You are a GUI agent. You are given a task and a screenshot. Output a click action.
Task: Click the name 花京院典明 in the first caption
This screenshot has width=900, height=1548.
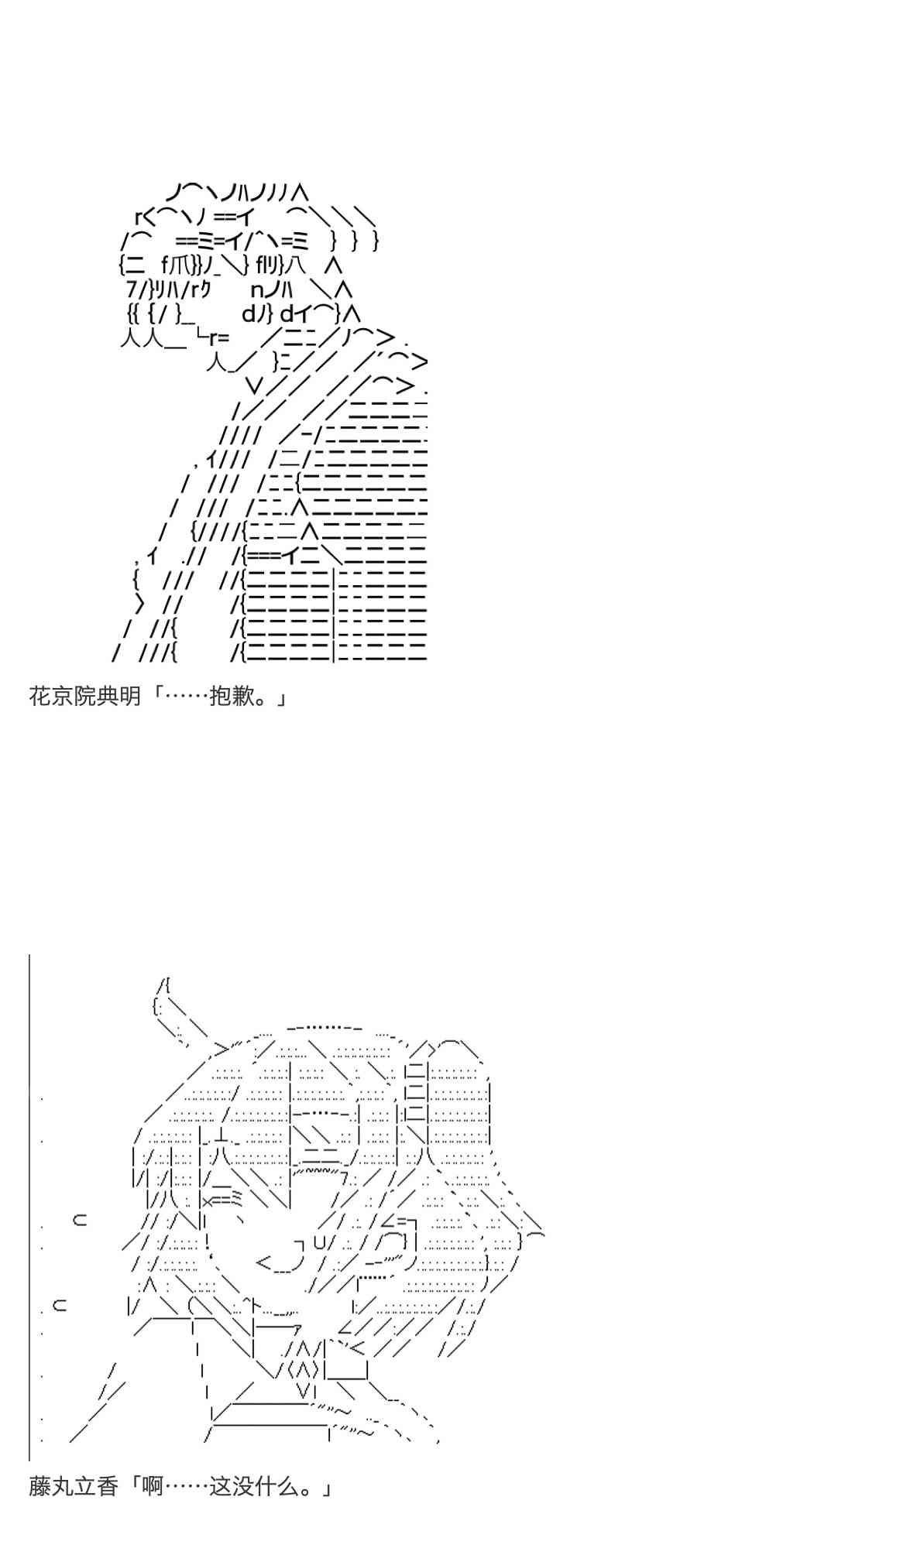(x=85, y=697)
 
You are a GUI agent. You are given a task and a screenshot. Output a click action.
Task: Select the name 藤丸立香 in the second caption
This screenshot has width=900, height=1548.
(x=74, y=1487)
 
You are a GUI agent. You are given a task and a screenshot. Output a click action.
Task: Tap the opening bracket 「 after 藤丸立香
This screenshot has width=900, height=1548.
(x=132, y=1487)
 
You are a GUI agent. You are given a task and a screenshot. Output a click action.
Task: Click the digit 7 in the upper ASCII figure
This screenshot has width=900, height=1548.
(x=131, y=289)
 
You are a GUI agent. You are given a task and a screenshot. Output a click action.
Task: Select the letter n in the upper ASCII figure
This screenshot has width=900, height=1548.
(x=258, y=290)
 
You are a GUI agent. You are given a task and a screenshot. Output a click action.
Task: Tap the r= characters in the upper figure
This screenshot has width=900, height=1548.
(x=218, y=337)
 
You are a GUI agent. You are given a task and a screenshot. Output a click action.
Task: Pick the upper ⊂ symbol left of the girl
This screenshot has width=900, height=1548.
(x=79, y=1221)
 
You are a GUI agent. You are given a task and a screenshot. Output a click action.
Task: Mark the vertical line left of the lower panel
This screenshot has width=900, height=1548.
(x=29, y=1207)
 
